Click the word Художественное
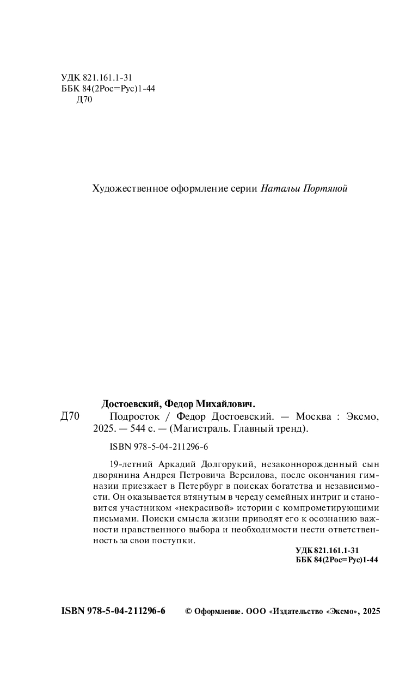pos(126,189)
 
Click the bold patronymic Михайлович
pos(221,404)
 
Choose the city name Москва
pos(313,417)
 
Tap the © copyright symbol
pos(189,612)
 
